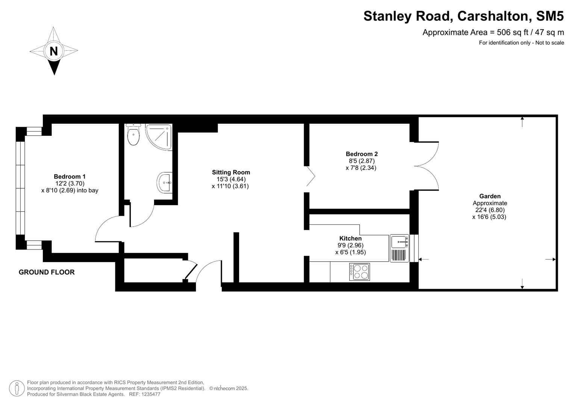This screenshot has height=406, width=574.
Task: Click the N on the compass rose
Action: [x=54, y=51]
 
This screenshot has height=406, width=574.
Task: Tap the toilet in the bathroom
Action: [x=133, y=135]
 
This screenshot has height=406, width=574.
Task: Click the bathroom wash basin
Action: [x=165, y=183]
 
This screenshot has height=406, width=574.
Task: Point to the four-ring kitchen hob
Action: [x=359, y=271]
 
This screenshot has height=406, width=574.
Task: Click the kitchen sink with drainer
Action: [x=399, y=248]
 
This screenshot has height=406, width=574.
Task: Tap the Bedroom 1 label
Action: [x=70, y=176]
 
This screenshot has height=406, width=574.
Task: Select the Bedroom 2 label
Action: [x=361, y=154]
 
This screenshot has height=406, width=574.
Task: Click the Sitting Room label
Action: [x=231, y=172]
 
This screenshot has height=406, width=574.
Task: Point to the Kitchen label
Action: [x=350, y=238]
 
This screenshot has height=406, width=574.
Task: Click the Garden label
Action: [x=489, y=196]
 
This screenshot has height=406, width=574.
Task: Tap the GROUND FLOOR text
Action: [x=47, y=272]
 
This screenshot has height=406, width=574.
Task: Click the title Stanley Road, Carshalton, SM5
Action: [x=463, y=16]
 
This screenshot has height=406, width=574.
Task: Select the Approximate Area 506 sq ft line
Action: [x=493, y=32]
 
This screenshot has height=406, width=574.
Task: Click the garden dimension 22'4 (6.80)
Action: [x=489, y=210]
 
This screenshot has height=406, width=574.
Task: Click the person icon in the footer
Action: [x=17, y=388]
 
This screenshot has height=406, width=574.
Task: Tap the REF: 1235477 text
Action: [x=145, y=394]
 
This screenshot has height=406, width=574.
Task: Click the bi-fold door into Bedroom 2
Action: [x=310, y=176]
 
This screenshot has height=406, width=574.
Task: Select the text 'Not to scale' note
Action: [x=550, y=43]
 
